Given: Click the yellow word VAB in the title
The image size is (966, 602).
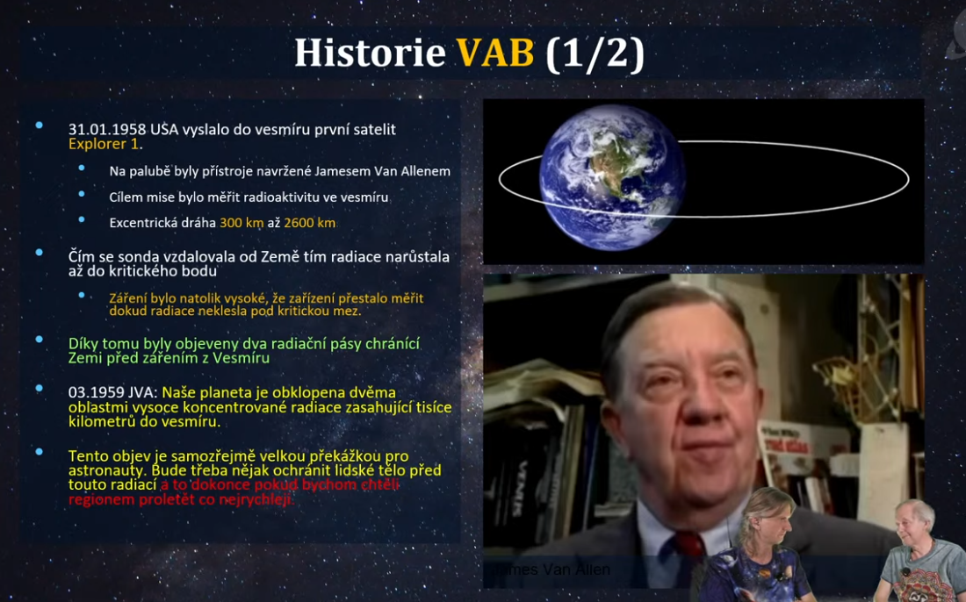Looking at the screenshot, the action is coord(494,53).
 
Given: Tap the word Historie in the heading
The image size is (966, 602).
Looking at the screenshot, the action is coord(370,53).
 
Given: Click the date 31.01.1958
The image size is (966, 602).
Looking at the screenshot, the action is coord(107,130).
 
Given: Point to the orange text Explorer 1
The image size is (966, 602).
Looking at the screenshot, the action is coord(104,144).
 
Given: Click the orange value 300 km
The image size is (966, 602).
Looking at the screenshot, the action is coord(241,223).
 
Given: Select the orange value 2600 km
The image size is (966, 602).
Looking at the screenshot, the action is coord(309,223).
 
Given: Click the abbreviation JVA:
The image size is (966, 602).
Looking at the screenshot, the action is coord(143,393).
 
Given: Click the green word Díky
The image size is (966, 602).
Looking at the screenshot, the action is coord(83,344).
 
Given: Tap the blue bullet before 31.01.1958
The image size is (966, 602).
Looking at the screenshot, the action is coord(40,125).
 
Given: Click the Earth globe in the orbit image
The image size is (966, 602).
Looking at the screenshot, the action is coord(612,177).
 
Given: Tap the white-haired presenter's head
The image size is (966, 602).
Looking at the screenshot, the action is coord(913,524).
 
